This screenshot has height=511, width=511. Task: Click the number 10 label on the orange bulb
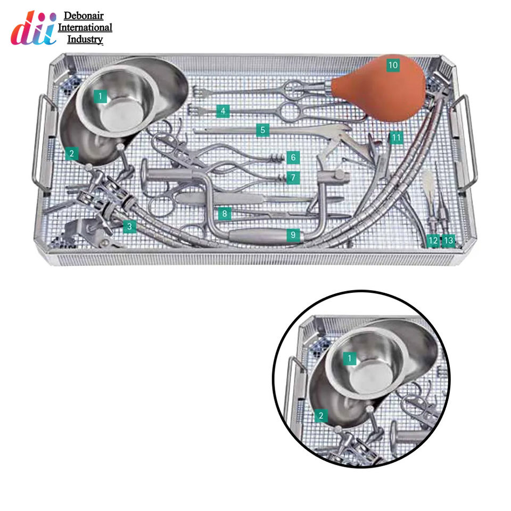point(393,65)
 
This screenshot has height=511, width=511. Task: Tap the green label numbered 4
point(223,111)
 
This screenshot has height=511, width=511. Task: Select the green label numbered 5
point(262,130)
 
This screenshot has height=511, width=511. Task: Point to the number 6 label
point(292,158)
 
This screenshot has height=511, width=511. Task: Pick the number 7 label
point(292,177)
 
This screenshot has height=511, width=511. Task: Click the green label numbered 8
point(225,215)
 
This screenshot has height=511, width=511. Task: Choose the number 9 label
point(292,235)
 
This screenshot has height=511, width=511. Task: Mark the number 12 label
point(433,241)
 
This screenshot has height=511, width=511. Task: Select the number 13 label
point(449,241)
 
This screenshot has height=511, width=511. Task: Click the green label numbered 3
point(128,227)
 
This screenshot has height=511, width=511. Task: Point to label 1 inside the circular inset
point(349,358)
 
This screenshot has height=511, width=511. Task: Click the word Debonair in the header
point(84,16)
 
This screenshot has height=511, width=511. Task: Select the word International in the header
point(85,28)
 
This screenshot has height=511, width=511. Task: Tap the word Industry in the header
point(85,39)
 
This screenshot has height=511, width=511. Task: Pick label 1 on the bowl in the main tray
point(100,97)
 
